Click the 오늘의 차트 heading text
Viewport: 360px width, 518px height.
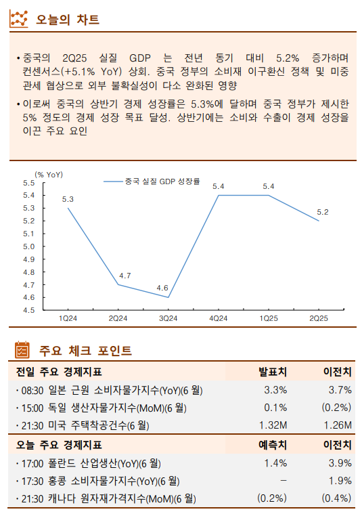67,20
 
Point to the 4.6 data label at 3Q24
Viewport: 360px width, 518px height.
162,288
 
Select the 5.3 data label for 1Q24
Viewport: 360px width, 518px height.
68,198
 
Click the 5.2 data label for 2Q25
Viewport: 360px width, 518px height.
322,212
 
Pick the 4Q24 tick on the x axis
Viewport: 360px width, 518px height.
218,318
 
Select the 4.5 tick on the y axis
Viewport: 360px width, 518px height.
29,310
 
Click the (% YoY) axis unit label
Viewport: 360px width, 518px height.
49,174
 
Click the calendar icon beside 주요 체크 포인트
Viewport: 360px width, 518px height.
22,350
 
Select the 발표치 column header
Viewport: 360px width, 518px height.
273,372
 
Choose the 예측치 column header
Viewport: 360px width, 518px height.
273,445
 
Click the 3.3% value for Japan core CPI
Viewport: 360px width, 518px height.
275,390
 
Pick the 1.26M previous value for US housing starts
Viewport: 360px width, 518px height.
337,426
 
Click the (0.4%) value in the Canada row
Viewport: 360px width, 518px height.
336,499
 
